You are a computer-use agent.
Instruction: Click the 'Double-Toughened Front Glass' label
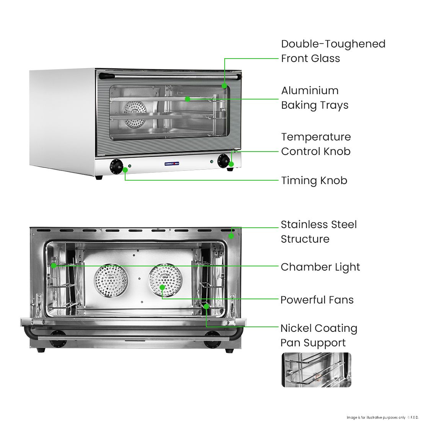(x=333, y=51)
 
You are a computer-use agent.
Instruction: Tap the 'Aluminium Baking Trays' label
(x=315, y=98)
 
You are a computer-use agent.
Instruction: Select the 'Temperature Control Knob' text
(x=316, y=144)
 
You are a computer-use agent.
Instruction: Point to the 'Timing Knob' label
(x=314, y=180)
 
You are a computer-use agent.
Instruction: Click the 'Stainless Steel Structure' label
(x=318, y=232)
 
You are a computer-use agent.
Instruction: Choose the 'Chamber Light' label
(x=320, y=267)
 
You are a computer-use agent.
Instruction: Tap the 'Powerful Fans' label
(x=317, y=300)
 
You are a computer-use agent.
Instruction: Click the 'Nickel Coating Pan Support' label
(x=318, y=335)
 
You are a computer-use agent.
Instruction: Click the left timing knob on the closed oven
(x=116, y=166)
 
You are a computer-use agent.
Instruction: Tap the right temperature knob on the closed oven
(x=223, y=160)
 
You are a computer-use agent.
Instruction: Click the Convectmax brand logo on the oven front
(x=172, y=164)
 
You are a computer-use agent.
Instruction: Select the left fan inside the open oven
(x=111, y=281)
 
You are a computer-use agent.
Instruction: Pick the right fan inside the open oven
(x=165, y=281)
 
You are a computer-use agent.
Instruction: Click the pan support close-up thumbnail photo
(x=316, y=370)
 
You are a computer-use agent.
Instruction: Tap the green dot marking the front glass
(x=225, y=86)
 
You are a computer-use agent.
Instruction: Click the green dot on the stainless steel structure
(x=231, y=236)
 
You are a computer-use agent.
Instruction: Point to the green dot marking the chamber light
(x=54, y=265)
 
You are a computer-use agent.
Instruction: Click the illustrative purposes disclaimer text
(x=382, y=417)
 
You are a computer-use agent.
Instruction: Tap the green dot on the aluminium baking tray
(x=188, y=99)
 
